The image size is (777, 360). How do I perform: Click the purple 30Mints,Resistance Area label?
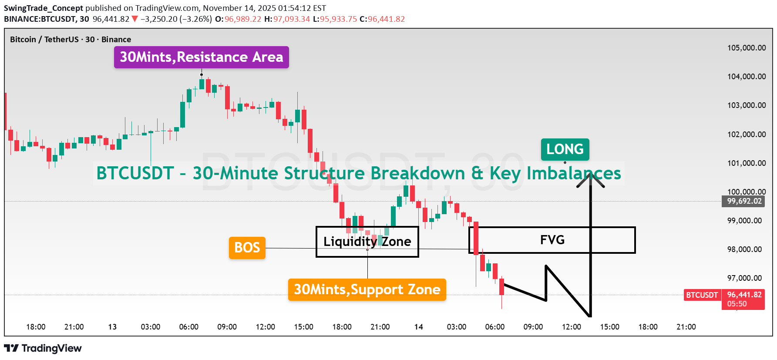201,57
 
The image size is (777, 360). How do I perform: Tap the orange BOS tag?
247,248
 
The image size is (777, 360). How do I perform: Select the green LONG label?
565,149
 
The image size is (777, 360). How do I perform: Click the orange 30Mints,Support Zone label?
367,289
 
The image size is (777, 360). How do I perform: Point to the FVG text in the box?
552,240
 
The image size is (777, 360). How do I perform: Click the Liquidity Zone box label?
367,242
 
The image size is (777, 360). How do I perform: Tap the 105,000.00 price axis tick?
746,48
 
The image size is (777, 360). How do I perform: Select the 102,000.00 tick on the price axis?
746,135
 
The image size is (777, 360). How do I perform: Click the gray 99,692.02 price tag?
744,201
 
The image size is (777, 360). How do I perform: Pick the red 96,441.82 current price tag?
744,295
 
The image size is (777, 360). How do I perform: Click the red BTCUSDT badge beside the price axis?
702,295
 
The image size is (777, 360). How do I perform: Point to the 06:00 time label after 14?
494,327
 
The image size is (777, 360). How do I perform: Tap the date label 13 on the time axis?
112,327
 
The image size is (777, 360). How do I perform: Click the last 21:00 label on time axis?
686,327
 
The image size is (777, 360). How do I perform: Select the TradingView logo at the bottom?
43,348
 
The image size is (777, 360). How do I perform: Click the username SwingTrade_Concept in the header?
44,8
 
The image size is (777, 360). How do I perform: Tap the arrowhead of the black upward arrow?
590,176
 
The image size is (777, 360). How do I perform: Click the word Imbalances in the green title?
574,173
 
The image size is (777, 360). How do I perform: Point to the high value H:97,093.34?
287,19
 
